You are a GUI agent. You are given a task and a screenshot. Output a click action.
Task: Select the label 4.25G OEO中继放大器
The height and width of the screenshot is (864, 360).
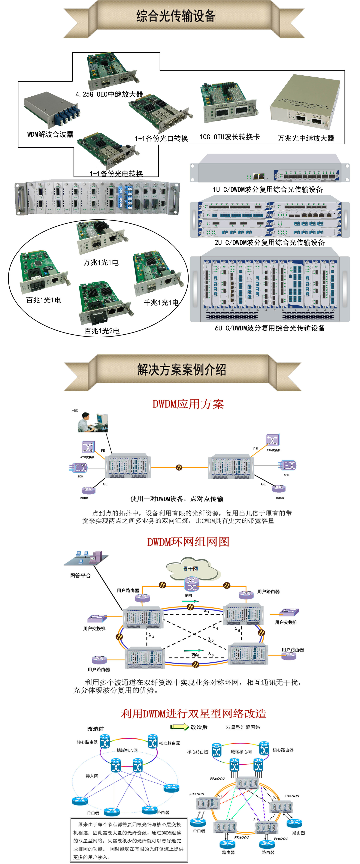[109, 94]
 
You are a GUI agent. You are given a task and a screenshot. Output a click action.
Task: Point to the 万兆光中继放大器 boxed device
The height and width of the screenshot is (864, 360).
[305, 102]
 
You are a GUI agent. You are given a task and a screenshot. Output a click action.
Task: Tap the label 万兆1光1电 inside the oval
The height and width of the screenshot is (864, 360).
[101, 262]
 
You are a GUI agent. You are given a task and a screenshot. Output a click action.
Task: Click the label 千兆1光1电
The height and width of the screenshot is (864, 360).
[161, 303]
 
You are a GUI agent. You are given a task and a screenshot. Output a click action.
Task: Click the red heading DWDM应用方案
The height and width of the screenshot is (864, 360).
[188, 404]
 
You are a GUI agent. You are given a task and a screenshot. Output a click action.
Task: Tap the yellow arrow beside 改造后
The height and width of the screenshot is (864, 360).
[180, 727]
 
